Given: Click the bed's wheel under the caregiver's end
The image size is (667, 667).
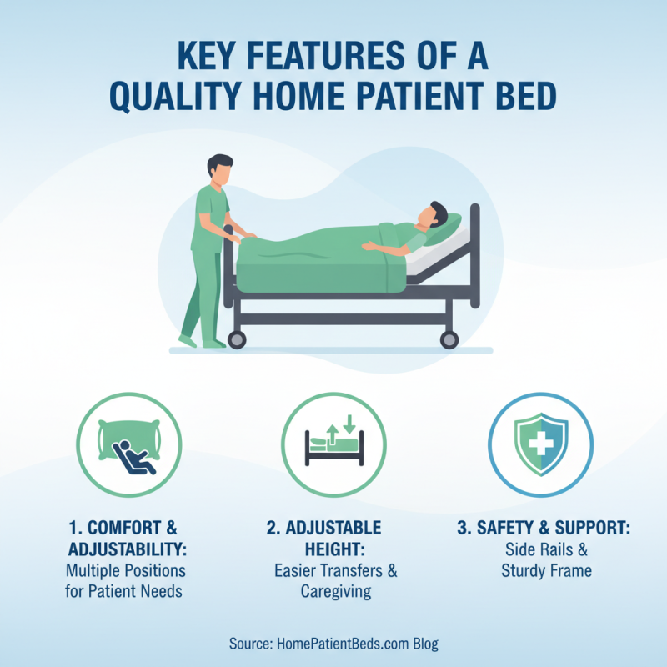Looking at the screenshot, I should point(237,339).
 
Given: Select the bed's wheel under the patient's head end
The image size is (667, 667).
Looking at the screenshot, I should point(449,339).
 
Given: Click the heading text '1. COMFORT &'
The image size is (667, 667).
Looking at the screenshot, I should point(125,529).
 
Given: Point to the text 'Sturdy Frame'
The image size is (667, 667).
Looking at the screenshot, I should point(540,571).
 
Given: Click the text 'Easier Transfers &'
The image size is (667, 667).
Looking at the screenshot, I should point(336,571).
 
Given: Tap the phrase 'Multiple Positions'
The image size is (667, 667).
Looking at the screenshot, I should point(126,571).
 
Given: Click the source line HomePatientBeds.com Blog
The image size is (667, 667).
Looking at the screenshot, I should point(333,644).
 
